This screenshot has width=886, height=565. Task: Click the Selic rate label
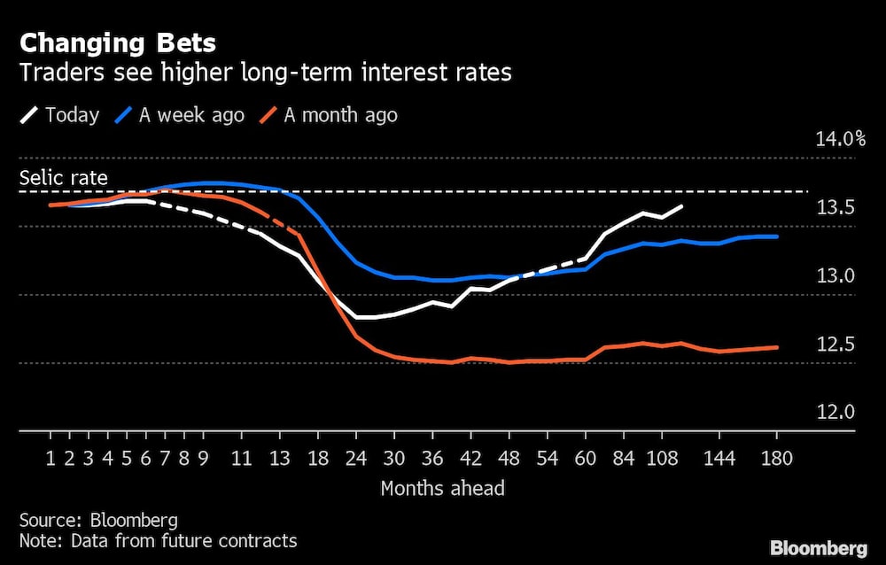(x=64, y=178)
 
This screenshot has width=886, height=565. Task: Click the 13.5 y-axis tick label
(x=835, y=208)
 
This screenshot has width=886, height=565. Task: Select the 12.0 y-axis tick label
(x=835, y=413)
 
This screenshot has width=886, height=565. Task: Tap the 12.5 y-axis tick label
(x=835, y=344)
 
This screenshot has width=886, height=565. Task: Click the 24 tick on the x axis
(x=357, y=459)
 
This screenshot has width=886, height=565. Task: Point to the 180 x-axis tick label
(x=777, y=459)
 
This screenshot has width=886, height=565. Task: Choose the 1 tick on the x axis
(x=50, y=459)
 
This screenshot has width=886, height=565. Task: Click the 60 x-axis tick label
(x=586, y=459)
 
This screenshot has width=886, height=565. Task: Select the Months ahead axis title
(x=442, y=488)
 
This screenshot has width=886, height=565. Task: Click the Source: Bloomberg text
(x=98, y=520)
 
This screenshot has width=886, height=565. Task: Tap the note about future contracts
(x=158, y=540)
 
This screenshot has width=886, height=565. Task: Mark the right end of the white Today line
(x=681, y=206)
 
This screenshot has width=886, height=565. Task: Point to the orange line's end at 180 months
(x=777, y=347)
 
